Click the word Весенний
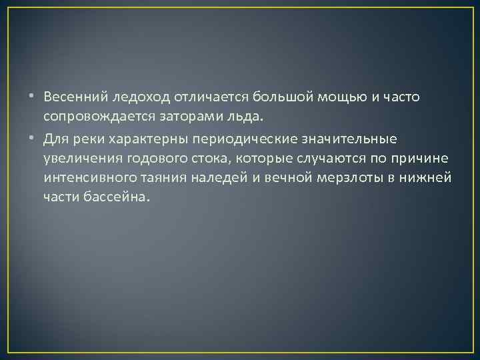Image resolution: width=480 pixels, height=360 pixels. (x=69, y=98)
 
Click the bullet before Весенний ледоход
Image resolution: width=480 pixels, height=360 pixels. (x=32, y=98)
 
